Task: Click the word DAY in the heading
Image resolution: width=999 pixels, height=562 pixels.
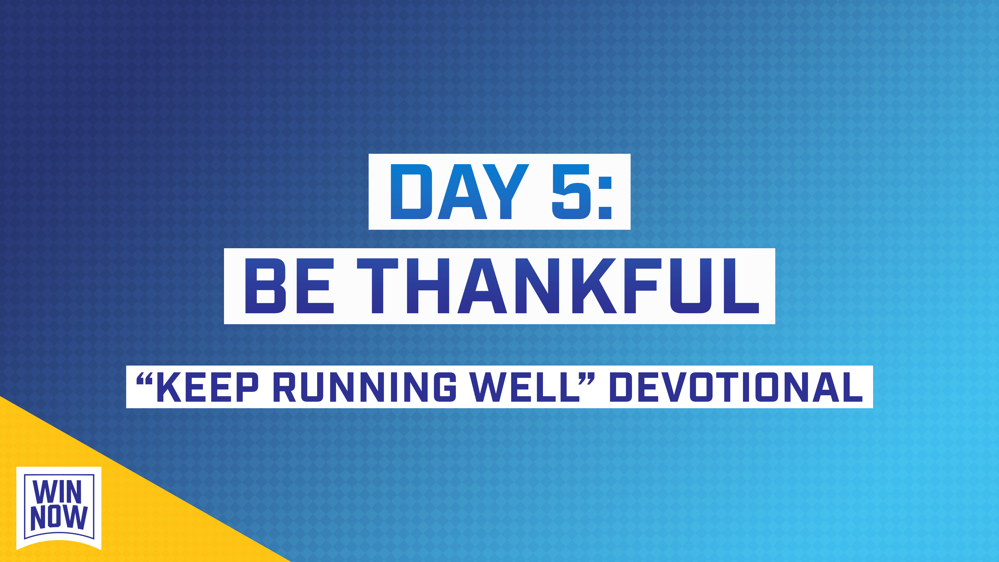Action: point(459,191)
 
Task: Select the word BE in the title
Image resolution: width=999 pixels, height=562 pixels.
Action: point(289,286)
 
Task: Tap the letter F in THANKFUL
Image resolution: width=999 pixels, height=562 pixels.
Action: point(640,286)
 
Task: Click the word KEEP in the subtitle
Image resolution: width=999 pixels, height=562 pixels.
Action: point(208,387)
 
